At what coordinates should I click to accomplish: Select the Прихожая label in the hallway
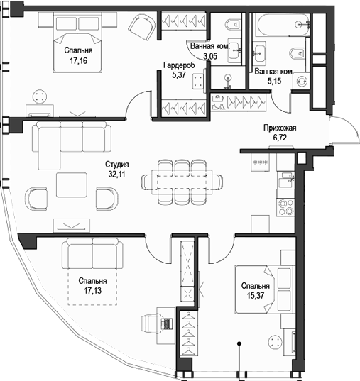tap(279, 128)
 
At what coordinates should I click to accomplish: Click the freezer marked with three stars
tap(260, 163)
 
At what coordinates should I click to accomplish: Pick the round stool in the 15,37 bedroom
tap(273, 343)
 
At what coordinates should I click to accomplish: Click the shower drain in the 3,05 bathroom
tap(227, 79)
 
